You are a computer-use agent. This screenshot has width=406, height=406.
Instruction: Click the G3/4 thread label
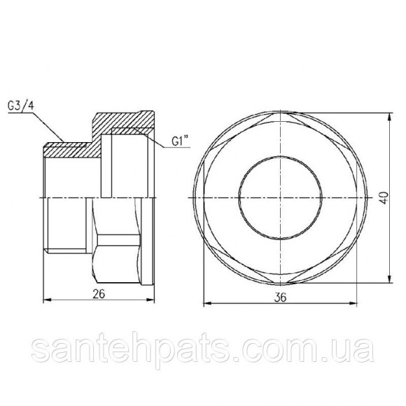tap(21, 106)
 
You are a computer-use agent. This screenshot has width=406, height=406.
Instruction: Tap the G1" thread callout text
tap(179, 142)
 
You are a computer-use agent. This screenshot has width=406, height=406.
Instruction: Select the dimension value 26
tap(99, 294)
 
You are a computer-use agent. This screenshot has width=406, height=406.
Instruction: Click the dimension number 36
tap(281, 297)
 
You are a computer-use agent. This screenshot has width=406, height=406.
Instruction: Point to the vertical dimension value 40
tap(384, 197)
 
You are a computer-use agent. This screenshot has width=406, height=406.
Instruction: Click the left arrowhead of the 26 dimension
tap(46, 300)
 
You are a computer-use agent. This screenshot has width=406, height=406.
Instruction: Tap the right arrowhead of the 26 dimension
tap(150, 300)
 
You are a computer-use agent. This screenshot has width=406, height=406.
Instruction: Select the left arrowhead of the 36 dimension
tap(208, 303)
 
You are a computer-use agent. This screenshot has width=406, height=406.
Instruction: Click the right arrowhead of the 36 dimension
tap(353, 303)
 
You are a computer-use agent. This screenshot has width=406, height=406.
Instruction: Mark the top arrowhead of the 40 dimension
tap(389, 116)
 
